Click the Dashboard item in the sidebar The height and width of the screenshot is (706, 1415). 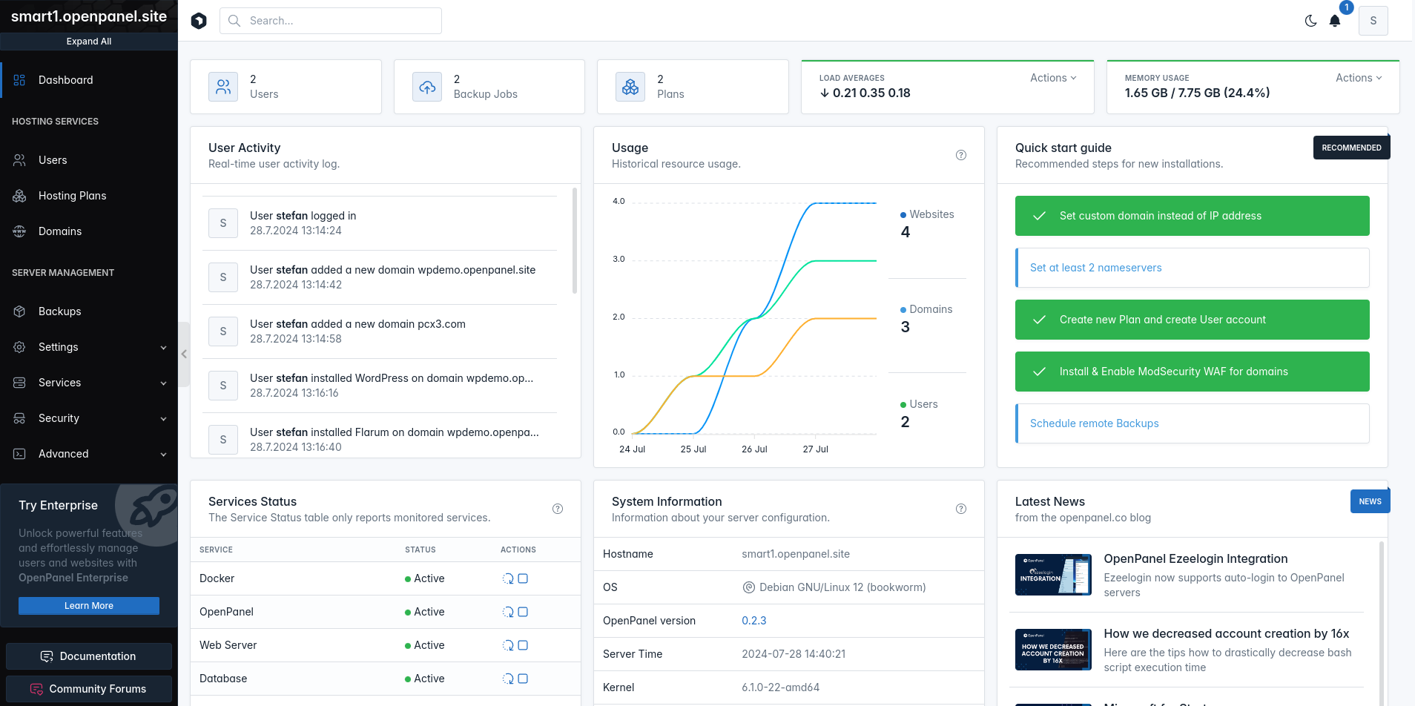[65, 80]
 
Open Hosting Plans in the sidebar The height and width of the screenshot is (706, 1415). [72, 196]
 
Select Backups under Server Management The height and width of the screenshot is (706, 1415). [59, 311]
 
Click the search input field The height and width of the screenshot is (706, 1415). [331, 21]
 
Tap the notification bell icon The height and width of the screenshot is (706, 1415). [1335, 21]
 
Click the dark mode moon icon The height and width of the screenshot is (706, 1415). [1310, 21]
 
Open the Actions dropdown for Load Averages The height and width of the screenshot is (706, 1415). [1053, 78]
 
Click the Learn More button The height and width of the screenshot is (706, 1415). [89, 606]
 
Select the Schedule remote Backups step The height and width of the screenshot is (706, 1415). [1193, 423]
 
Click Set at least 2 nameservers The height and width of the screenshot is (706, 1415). [1193, 268]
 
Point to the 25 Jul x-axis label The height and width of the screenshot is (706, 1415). [693, 449]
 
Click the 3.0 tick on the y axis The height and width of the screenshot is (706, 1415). [619, 259]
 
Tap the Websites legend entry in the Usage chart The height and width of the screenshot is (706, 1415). [927, 214]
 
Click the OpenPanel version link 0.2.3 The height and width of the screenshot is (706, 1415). [754, 621]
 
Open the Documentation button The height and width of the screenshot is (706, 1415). [89, 656]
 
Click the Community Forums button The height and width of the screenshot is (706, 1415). [89, 689]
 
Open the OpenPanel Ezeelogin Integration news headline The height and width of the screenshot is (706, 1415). [1195, 559]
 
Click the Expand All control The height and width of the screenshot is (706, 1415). [89, 42]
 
